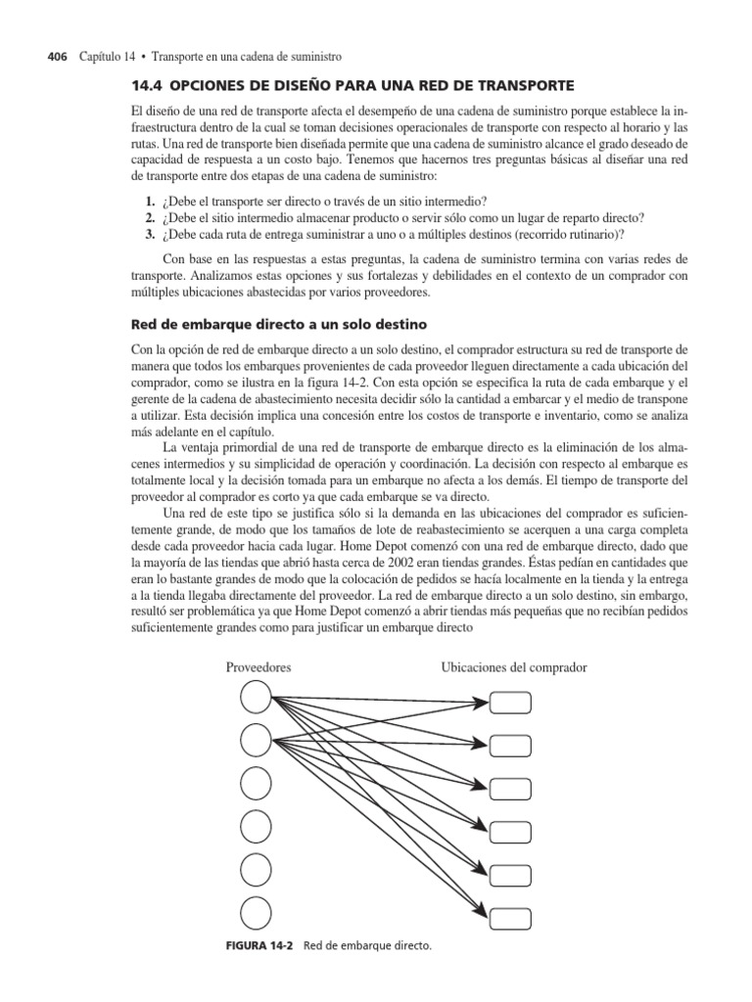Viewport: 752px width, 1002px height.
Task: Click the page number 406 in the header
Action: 58,58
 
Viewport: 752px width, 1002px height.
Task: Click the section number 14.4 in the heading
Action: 147,86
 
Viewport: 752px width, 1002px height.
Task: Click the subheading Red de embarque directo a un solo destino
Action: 277,322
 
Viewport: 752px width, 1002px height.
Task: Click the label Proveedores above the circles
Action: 258,667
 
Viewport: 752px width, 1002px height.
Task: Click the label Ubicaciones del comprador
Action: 514,667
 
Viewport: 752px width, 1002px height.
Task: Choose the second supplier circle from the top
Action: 257,740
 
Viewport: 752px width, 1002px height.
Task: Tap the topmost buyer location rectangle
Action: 510,703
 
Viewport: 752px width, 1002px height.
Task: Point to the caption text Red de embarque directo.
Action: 367,947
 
